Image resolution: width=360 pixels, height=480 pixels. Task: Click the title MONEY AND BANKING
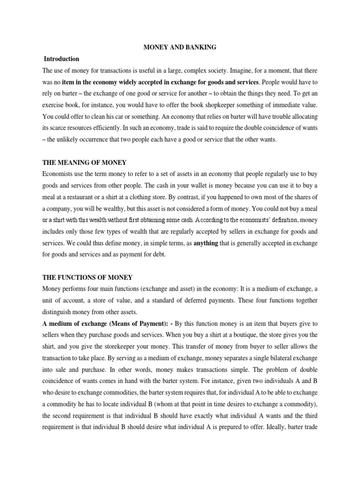pyautogui.click(x=180, y=47)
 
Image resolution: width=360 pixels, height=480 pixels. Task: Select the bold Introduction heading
pyautogui.click(x=61, y=59)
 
